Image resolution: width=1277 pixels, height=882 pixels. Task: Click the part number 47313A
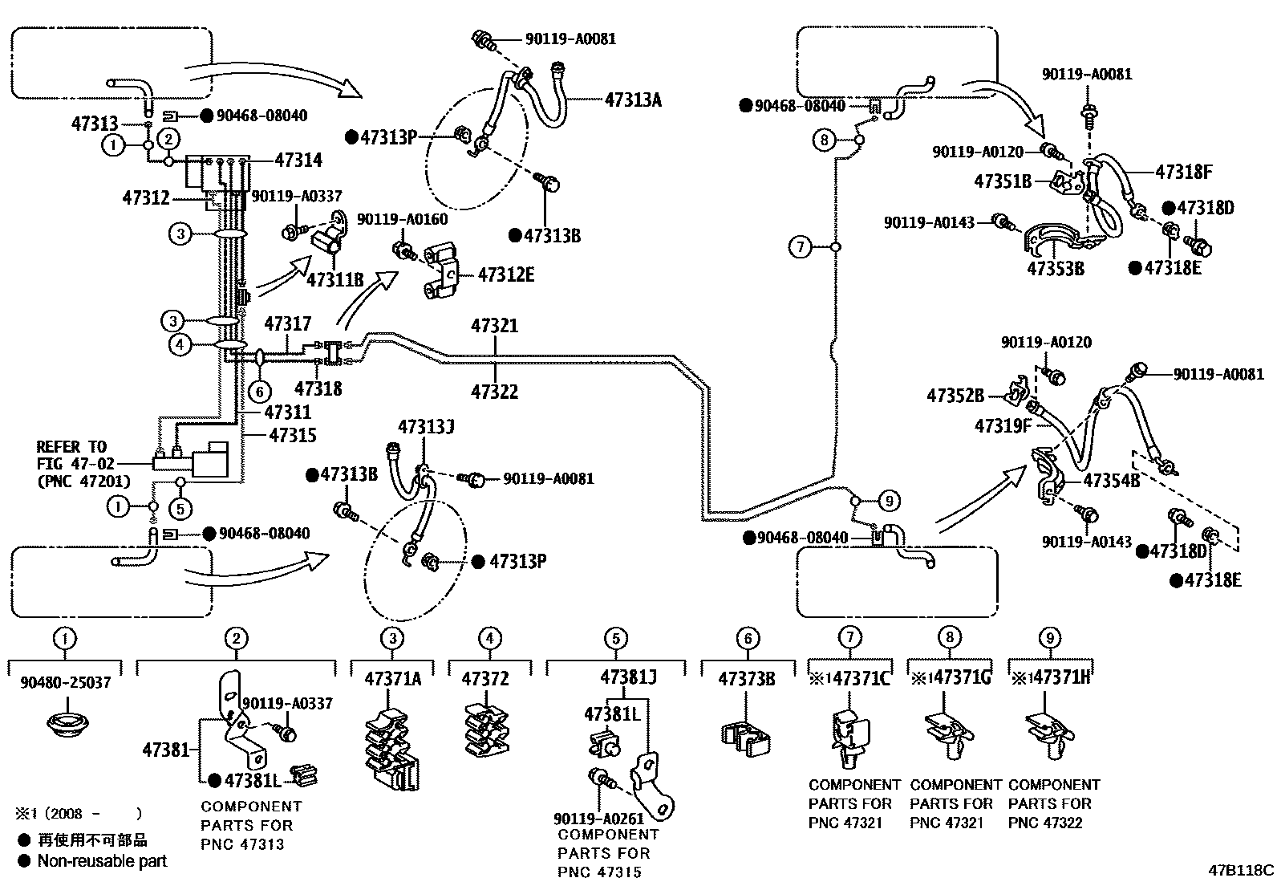pos(633,100)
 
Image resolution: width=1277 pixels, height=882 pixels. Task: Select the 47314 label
pos(298,160)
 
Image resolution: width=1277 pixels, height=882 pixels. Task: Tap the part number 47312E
pos(505,275)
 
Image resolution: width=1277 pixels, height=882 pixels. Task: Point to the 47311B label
pos(335,279)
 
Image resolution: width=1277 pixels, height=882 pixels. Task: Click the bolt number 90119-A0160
pos(402,219)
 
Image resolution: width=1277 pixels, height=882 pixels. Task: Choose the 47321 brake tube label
pos(494,326)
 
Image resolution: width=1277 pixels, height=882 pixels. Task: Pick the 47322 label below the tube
pos(494,392)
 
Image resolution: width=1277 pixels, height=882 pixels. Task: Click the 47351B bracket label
pos(1003,181)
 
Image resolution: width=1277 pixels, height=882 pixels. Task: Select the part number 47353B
pos(1056,268)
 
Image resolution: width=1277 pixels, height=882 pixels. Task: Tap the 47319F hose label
pos(1003,426)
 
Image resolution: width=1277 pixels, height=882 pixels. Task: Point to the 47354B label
pos(1111,481)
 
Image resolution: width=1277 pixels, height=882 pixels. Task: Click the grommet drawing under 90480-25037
pos(67,722)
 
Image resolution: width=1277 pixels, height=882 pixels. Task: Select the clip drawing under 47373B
pos(746,736)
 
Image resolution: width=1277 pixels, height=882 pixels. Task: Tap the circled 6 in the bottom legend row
pos(747,639)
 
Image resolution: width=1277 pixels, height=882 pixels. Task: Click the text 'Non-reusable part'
pos(103,861)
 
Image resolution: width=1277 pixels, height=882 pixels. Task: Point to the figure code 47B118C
pos(1241,869)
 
